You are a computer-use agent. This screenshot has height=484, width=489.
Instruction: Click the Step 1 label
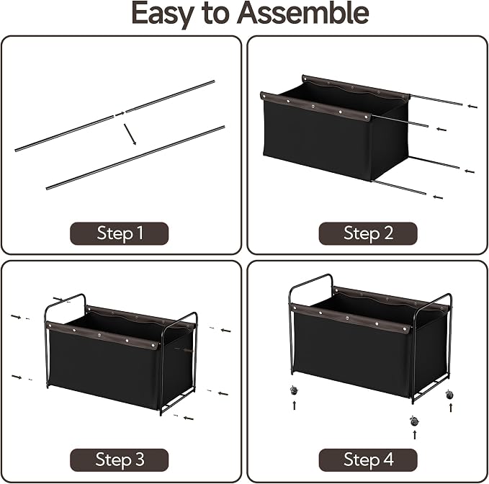pos(119,233)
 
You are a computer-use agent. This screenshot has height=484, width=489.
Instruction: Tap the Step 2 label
pos(368,233)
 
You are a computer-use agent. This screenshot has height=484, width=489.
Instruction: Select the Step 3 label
pos(119,460)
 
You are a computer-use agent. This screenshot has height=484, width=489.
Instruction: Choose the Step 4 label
pos(368,460)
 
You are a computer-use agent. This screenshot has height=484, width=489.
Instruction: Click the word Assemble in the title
pos(302,13)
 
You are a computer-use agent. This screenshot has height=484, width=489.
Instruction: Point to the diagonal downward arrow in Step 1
pos(130,135)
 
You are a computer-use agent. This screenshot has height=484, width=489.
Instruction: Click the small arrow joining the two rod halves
pos(120,114)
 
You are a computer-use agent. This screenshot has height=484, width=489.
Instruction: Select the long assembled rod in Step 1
pos(135,158)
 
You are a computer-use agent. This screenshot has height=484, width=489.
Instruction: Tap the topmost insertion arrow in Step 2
pos(472,107)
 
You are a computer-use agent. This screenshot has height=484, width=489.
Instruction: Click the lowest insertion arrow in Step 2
pos(438,197)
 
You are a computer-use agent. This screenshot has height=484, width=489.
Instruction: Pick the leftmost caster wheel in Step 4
pos(294,390)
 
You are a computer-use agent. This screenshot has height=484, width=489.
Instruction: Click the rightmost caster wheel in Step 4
pos(449,394)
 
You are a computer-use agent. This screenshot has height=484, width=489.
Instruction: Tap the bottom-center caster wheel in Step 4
pos(414,421)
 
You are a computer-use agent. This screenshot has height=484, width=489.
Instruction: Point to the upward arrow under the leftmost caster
pos(295,405)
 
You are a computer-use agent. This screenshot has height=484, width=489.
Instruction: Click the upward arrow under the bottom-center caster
pos(415,435)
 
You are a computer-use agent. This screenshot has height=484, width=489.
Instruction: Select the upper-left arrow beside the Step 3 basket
pos(16,317)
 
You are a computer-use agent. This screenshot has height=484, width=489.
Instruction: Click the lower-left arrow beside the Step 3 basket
pos(17,377)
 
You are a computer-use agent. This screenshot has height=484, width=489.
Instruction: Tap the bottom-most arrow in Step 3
pos(189,418)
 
